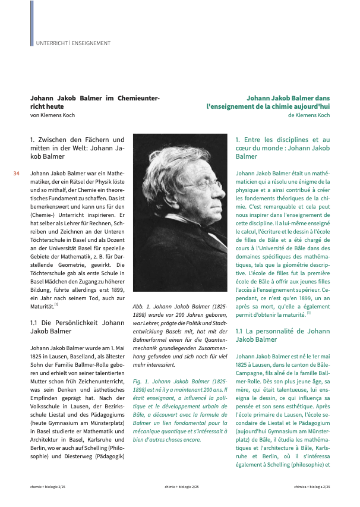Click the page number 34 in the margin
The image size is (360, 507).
tap(17, 174)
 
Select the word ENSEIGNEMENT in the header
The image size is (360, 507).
tap(91, 43)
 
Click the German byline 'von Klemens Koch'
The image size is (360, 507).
tap(53, 115)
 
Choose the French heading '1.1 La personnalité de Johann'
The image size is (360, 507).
tap(282, 330)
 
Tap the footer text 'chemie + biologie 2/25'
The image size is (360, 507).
tap(48, 487)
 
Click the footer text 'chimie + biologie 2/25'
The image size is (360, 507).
tap(182, 487)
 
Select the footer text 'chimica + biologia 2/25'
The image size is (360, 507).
tap(311, 487)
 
